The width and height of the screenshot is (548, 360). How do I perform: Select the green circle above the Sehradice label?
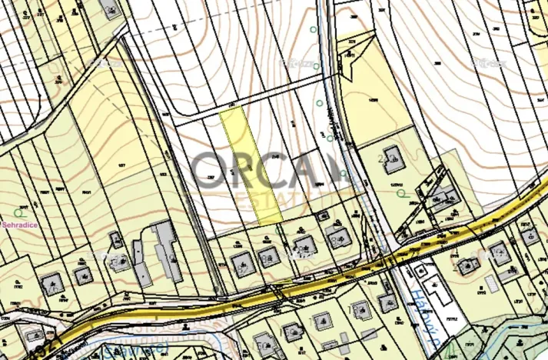coord(18,211)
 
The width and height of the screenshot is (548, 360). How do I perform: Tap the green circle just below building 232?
coord(400,193)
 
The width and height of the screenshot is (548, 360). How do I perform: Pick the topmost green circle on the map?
coord(314,29)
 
